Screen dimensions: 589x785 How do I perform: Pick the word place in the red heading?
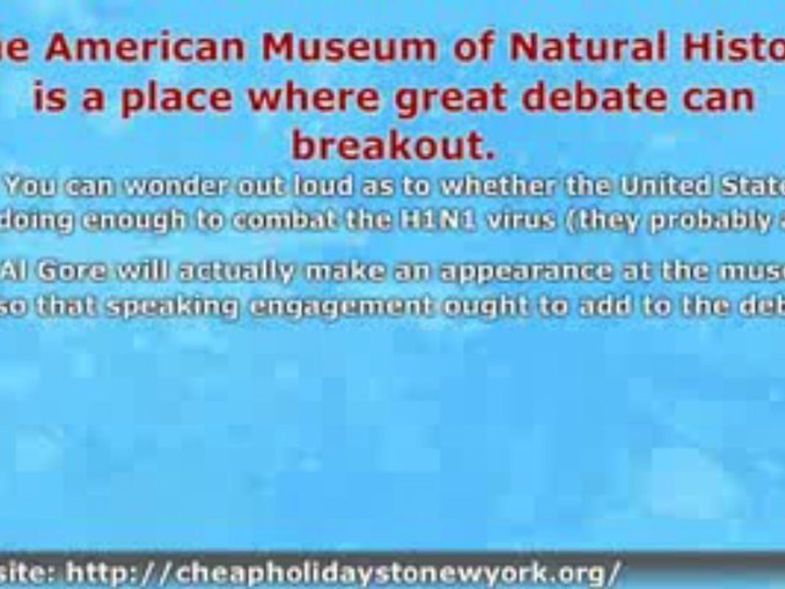pos(172,97)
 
